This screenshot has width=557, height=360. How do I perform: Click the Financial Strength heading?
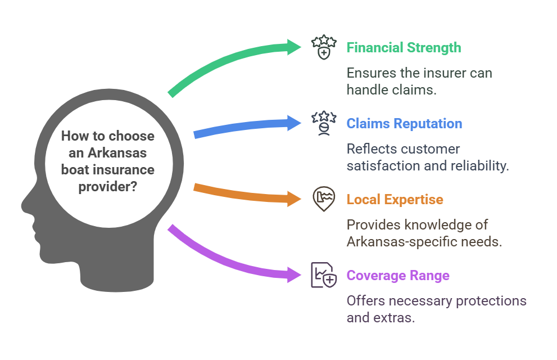click(404, 48)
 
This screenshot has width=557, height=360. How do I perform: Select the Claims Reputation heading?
click(404, 124)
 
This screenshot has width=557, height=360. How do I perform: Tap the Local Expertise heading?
click(395, 200)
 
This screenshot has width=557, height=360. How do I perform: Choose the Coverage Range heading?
click(398, 276)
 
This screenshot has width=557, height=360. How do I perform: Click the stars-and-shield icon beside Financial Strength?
click(324, 47)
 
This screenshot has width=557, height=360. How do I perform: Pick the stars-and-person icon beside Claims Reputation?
click(324, 123)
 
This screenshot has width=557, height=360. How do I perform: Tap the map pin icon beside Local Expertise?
click(324, 199)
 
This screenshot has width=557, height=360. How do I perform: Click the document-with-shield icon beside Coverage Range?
click(324, 275)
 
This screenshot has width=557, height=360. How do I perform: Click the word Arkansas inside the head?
click(117, 153)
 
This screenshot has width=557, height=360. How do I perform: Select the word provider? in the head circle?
click(108, 187)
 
